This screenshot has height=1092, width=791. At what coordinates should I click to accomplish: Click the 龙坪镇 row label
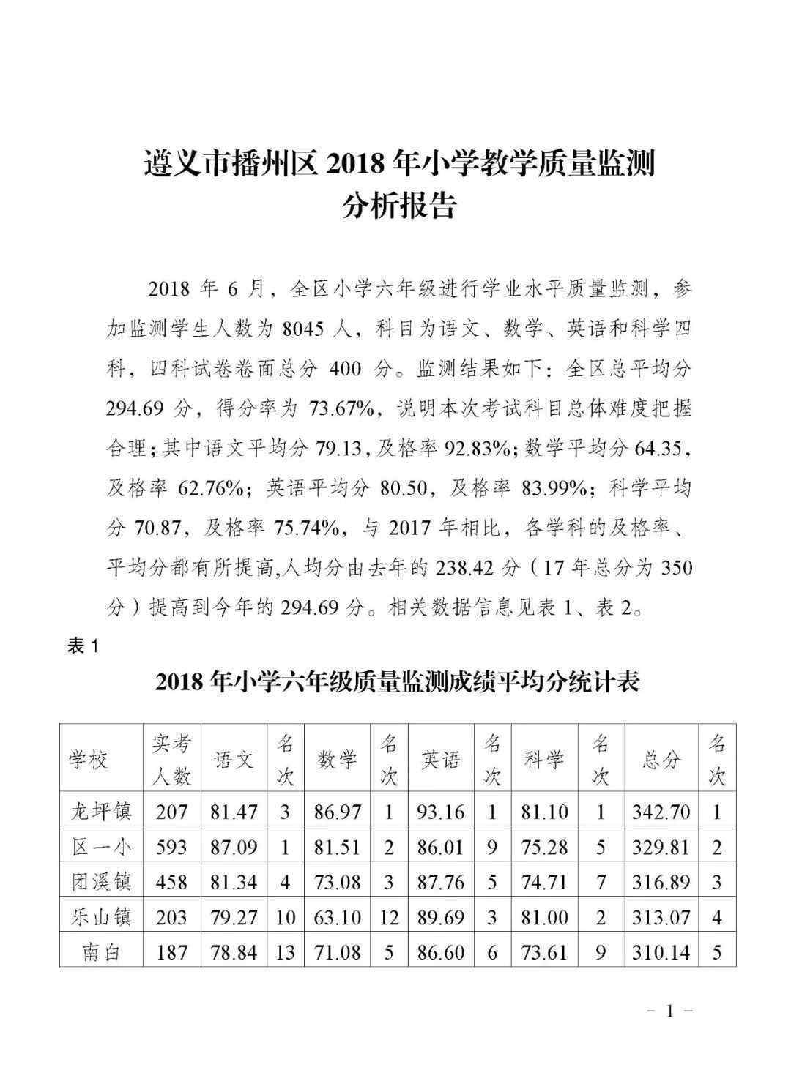pyautogui.click(x=101, y=811)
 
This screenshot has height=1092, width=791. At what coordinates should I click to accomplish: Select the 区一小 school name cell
pyautogui.click(x=101, y=847)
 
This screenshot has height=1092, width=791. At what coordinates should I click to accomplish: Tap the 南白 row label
pyautogui.click(x=101, y=952)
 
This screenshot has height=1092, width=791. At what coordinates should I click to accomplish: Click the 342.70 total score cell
pyautogui.click(x=661, y=811)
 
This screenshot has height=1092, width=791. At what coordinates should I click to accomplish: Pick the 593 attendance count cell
pyautogui.click(x=172, y=847)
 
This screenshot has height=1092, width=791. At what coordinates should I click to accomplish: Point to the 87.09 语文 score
pyautogui.click(x=233, y=847)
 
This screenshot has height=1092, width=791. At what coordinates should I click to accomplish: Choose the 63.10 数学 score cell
pyautogui.click(x=338, y=917)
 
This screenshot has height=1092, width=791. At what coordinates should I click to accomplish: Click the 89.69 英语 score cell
pyautogui.click(x=440, y=917)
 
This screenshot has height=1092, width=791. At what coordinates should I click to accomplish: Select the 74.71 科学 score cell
pyautogui.click(x=543, y=882)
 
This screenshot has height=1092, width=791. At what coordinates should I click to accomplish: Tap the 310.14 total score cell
pyautogui.click(x=661, y=952)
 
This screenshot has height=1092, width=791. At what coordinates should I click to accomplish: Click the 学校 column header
pyautogui.click(x=89, y=760)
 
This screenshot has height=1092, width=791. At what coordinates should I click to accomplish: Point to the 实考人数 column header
pyautogui.click(x=172, y=760)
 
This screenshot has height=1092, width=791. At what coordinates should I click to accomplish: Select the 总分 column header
pyautogui.click(x=661, y=760)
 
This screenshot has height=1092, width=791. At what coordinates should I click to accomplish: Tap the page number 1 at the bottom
pyautogui.click(x=668, y=1011)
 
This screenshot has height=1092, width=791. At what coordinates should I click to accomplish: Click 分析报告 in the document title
pyautogui.click(x=398, y=206)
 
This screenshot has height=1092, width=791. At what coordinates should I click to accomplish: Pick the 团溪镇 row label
pyautogui.click(x=101, y=882)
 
